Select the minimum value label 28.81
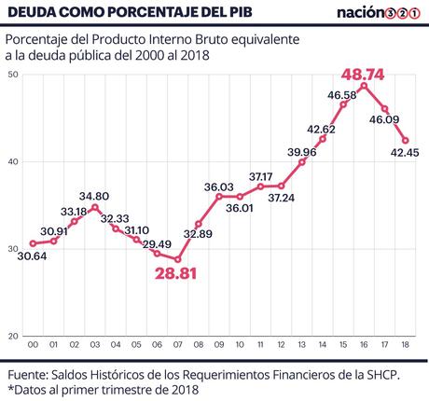(x=177, y=275)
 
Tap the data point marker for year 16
(x=364, y=86)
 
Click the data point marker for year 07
(x=177, y=259)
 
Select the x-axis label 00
(x=33, y=345)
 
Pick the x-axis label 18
(x=405, y=345)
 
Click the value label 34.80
(x=94, y=195)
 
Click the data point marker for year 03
(x=94, y=207)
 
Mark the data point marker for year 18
(x=405, y=141)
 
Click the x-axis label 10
(x=240, y=345)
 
